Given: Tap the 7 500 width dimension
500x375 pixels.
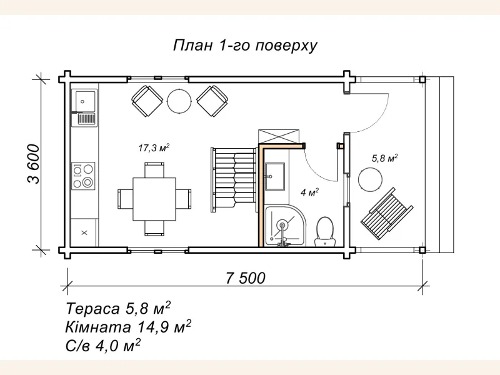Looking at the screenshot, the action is click(245, 278).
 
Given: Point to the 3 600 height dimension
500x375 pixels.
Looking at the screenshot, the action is click(32, 164).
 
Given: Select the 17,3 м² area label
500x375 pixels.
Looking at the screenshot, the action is click(154, 148).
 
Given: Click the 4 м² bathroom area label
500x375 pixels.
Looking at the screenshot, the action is click(310, 192).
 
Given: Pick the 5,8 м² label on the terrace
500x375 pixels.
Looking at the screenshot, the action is click(384, 158).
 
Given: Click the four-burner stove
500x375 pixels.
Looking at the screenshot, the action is click(84, 176).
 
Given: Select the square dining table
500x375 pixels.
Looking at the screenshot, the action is click(154, 198).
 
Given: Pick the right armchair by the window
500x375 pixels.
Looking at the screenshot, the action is click(213, 99).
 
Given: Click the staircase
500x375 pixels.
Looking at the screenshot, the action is click(234, 179).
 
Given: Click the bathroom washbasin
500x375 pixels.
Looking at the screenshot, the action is click(275, 176).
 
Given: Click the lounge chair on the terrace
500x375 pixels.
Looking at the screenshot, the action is click(387, 213).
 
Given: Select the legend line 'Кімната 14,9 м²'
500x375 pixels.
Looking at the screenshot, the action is click(127, 326).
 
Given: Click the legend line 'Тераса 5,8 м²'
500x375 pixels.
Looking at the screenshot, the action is click(118, 309).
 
